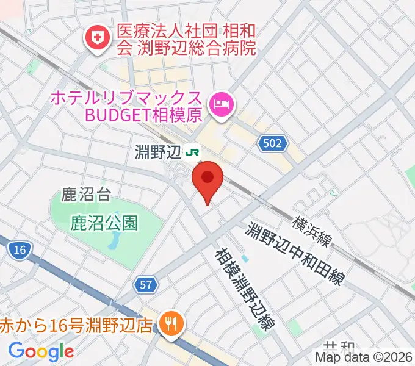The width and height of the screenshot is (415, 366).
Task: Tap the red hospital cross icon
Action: point(96,38)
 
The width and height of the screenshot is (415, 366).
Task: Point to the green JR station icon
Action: point(193,151)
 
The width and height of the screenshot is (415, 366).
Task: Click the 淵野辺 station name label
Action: point(159,151)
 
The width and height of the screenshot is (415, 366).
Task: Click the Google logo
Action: point(41,351)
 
